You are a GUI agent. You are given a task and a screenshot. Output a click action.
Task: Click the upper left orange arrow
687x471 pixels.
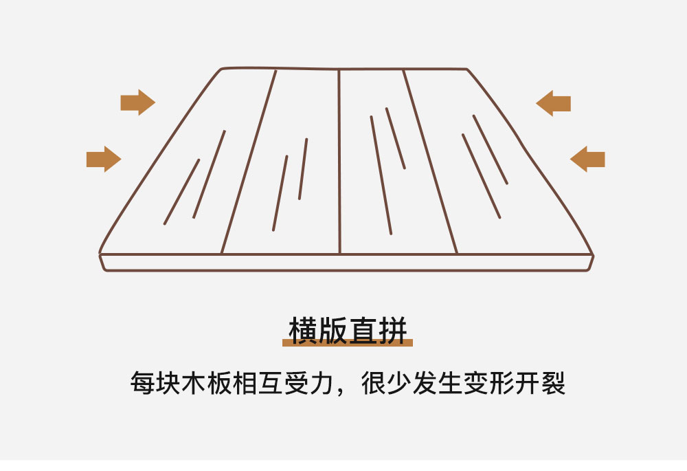click(137, 102)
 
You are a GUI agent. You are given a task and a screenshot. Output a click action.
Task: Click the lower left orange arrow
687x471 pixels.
click(104, 160)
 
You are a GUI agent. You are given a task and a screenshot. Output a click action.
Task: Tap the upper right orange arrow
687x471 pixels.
click(553, 104)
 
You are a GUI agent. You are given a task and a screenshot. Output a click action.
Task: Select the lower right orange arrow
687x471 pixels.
click(587, 160)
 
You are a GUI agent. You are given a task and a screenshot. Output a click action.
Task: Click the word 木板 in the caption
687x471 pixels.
click(207, 383)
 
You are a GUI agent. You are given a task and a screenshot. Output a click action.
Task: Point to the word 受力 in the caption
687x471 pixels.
click(309, 383)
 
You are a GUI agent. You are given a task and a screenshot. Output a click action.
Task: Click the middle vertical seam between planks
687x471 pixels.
click(339, 161)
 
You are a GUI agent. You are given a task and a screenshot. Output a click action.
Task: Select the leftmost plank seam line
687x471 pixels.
click(249, 162)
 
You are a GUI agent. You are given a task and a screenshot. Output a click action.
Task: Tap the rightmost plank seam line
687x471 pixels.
click(430, 162)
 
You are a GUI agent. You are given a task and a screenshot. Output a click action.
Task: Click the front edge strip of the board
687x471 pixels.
click(346, 262)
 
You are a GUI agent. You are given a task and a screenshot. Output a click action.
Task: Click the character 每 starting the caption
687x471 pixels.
click(143, 383)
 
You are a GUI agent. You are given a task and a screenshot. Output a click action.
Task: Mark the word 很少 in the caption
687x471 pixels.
click(386, 383)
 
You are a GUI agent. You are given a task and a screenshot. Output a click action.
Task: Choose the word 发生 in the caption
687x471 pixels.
click(438, 383)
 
